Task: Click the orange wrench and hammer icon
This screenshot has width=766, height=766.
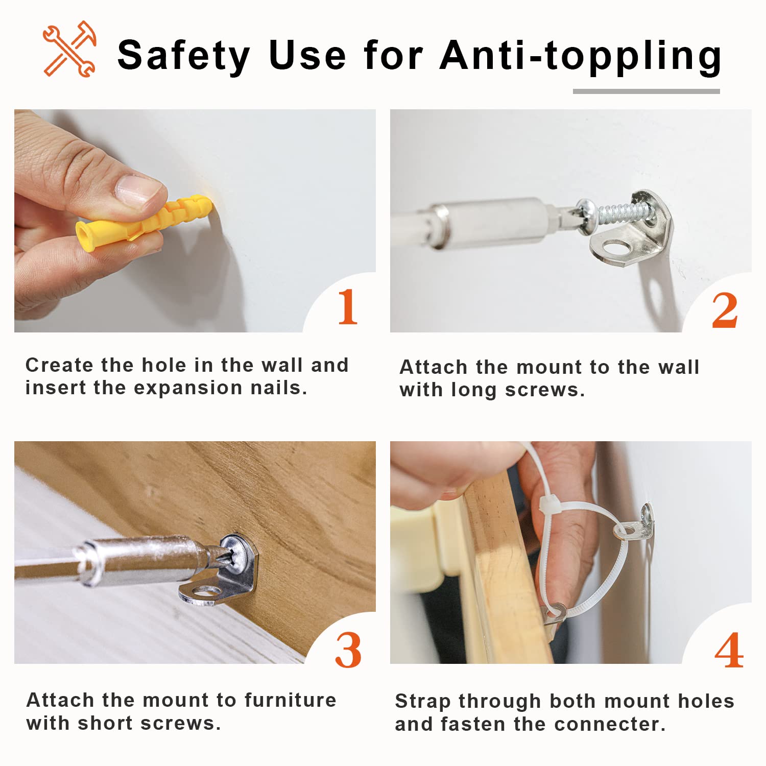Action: tap(69, 49)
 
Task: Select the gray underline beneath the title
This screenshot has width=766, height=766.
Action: tap(646, 91)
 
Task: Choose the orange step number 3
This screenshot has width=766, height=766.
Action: tap(348, 650)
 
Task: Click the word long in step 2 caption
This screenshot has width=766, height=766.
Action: tap(473, 391)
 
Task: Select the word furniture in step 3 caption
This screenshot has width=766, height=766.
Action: tap(290, 700)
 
